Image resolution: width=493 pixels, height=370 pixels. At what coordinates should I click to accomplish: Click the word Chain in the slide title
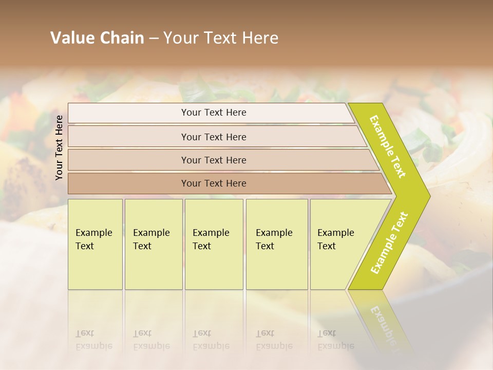pos(122,38)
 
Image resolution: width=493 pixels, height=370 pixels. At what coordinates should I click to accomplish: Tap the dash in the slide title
pos(154,39)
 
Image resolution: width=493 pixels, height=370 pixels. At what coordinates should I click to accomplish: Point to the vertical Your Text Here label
pos(59,147)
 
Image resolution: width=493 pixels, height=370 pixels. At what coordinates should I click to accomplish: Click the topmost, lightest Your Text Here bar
pos(213,113)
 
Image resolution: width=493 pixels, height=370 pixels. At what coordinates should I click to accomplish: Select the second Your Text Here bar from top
pos(213,137)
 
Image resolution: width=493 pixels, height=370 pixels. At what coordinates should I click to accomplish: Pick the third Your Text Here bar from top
pos(213,160)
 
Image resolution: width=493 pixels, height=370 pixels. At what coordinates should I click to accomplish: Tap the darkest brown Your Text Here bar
pos(213,183)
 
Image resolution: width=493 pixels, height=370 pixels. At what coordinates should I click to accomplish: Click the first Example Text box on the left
pos(95,244)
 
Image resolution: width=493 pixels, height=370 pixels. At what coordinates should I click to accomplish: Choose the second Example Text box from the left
pos(153,244)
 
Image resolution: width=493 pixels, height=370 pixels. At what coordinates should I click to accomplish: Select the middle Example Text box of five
pos(214,244)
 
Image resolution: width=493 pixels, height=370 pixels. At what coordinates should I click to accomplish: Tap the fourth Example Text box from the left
pos(277,244)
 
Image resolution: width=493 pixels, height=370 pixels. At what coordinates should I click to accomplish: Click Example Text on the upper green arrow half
pos(388,146)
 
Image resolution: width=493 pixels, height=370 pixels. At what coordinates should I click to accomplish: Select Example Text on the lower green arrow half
pos(389,243)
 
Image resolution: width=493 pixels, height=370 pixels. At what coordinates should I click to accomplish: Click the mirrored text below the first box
pos(93,340)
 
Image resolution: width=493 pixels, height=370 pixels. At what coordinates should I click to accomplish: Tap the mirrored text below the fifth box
pos(335,340)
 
